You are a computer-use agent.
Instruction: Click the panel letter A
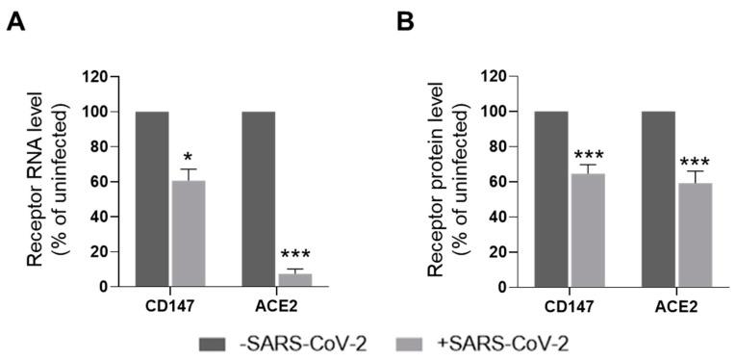pos(15,20)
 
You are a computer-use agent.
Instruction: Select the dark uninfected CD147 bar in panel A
pos(152,199)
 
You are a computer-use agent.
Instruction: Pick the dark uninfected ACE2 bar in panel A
pos(258,199)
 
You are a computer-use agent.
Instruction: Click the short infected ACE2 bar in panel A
pos(295,280)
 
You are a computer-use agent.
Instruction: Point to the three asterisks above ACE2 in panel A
pos(295,256)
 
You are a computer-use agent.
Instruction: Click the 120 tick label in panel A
pos(94,76)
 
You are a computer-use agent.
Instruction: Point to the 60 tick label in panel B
pos(497,182)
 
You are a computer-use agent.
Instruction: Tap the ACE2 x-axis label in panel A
pos(277,304)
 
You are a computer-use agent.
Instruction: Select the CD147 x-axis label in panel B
pos(570,304)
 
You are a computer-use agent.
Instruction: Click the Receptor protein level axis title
pos(445,181)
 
